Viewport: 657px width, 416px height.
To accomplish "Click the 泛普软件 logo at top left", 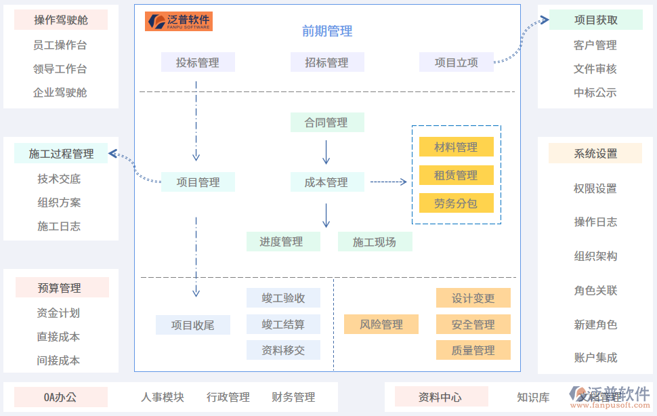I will (179, 21).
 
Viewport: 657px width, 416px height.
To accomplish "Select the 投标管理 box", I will (198, 62).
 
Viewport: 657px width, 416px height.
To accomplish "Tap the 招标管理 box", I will (327, 62).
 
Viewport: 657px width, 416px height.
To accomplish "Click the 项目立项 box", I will (456, 62).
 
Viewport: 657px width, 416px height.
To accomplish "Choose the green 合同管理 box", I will (327, 123).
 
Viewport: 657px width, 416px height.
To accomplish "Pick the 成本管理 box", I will (327, 182).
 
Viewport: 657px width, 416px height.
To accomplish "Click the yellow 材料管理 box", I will (456, 147).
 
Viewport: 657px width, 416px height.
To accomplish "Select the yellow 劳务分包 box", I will (456, 203).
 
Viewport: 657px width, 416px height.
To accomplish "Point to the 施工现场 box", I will (375, 242).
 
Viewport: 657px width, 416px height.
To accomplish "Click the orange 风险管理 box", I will (381, 325).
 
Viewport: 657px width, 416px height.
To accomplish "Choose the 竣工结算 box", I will (283, 325).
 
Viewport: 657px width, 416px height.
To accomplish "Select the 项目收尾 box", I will (192, 325).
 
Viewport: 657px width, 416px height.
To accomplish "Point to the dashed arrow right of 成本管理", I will (388, 182).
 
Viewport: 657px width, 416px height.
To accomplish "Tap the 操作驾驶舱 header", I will (61, 20).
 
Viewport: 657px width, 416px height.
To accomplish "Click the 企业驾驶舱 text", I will (60, 93).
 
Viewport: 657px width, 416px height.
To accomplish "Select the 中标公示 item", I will (595, 93).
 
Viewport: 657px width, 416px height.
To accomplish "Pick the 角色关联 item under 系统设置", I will (595, 291).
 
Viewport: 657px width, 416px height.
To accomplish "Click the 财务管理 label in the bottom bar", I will (293, 397).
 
